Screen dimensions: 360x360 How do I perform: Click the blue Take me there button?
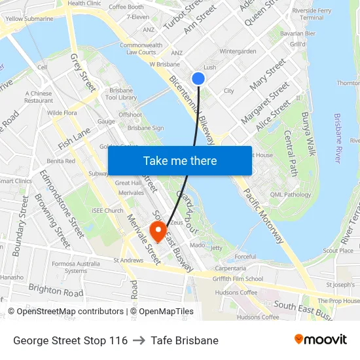(x=180, y=160)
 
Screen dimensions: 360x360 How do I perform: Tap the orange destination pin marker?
(x=158, y=231)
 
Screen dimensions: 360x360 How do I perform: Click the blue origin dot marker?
(x=198, y=79)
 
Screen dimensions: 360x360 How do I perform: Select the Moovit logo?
(x=321, y=339)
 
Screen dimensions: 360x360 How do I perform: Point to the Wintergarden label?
(x=238, y=51)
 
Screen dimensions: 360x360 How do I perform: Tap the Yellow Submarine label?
(x=30, y=19)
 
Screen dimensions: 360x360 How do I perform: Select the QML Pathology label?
(x=290, y=194)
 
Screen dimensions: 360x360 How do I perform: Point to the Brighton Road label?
(x=56, y=291)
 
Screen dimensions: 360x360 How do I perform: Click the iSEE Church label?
(x=108, y=211)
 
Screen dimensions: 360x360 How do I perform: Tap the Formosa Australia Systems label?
(x=76, y=266)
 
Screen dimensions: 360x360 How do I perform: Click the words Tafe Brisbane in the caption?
(x=185, y=340)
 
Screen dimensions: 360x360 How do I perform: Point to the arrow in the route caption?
(x=139, y=340)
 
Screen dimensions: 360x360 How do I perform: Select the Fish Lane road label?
(x=74, y=139)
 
